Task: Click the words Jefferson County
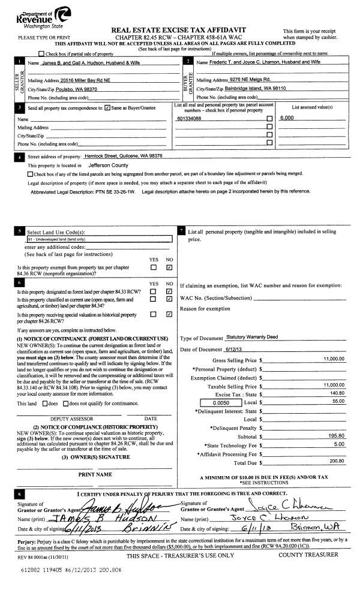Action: [x=109, y=164]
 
